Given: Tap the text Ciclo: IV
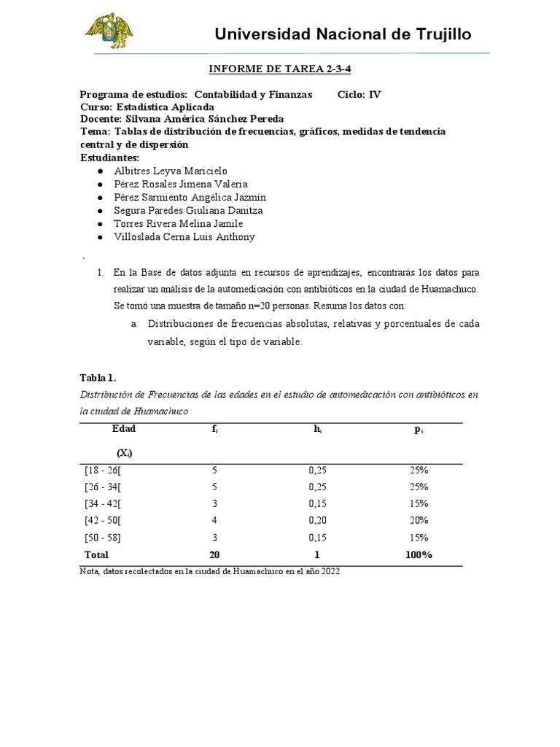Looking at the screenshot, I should [359, 95].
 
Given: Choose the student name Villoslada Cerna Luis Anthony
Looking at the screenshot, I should [184, 237].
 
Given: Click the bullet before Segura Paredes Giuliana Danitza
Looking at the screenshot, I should [99, 211].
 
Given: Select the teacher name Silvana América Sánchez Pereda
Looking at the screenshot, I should [202, 119].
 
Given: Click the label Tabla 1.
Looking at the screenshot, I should [98, 378].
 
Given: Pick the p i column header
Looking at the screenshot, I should [419, 430].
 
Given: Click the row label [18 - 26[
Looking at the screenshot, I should [104, 471].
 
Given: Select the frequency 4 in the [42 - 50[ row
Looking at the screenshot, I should [214, 521].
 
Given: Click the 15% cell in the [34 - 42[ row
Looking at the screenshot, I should [419, 504].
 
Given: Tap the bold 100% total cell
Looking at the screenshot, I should [419, 555].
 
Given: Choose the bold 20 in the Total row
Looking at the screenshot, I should [214, 555].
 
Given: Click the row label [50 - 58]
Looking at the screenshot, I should [104, 538].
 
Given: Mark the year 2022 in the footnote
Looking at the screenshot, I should [330, 573].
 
